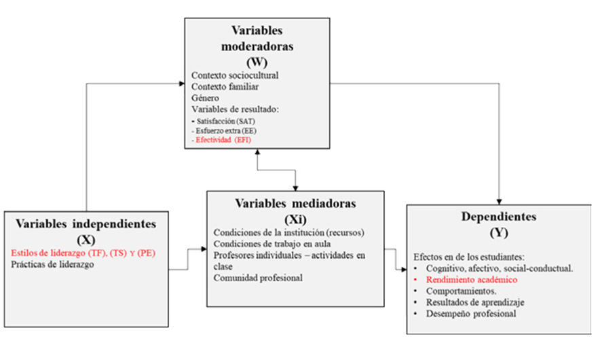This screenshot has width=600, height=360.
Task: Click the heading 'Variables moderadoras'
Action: (257, 38)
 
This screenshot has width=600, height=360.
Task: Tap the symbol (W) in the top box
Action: (257, 62)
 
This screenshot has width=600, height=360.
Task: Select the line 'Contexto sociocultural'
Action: (235, 75)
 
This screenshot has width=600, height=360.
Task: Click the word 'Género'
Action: (205, 98)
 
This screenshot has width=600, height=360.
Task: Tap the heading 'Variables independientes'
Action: (86, 223)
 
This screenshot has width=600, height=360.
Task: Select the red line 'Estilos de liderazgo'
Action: (83, 253)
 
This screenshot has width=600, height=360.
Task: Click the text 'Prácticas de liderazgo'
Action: (52, 264)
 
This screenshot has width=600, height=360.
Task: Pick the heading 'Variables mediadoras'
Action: (295, 203)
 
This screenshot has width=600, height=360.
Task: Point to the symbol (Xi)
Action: (295, 219)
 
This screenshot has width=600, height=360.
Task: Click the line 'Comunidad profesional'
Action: (258, 278)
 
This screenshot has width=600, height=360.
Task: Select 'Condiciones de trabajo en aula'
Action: (272, 244)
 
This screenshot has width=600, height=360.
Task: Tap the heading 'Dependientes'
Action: (499, 217)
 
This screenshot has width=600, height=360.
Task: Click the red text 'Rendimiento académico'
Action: (472, 280)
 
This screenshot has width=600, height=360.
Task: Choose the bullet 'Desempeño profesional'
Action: (471, 314)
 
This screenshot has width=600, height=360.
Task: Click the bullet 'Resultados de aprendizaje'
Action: (475, 302)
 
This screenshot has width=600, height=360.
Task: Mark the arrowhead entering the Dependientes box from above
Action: (499, 202)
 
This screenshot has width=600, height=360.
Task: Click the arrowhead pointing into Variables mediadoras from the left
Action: (204, 249)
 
